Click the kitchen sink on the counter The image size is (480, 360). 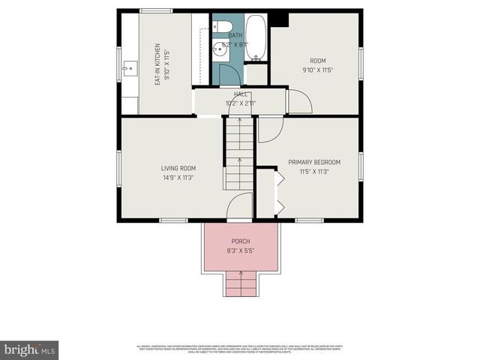[128, 69]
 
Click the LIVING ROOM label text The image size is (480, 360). [178, 168]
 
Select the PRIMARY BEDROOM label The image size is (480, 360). [314, 162]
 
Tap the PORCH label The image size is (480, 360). [240, 241]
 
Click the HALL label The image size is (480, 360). [241, 94]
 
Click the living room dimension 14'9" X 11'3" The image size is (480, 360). [178, 178]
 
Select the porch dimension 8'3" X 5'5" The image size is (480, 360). [240, 250]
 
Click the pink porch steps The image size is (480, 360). [240, 285]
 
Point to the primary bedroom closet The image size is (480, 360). [265, 193]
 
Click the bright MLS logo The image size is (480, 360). [30, 349]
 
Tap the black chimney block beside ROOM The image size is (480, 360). [279, 19]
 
